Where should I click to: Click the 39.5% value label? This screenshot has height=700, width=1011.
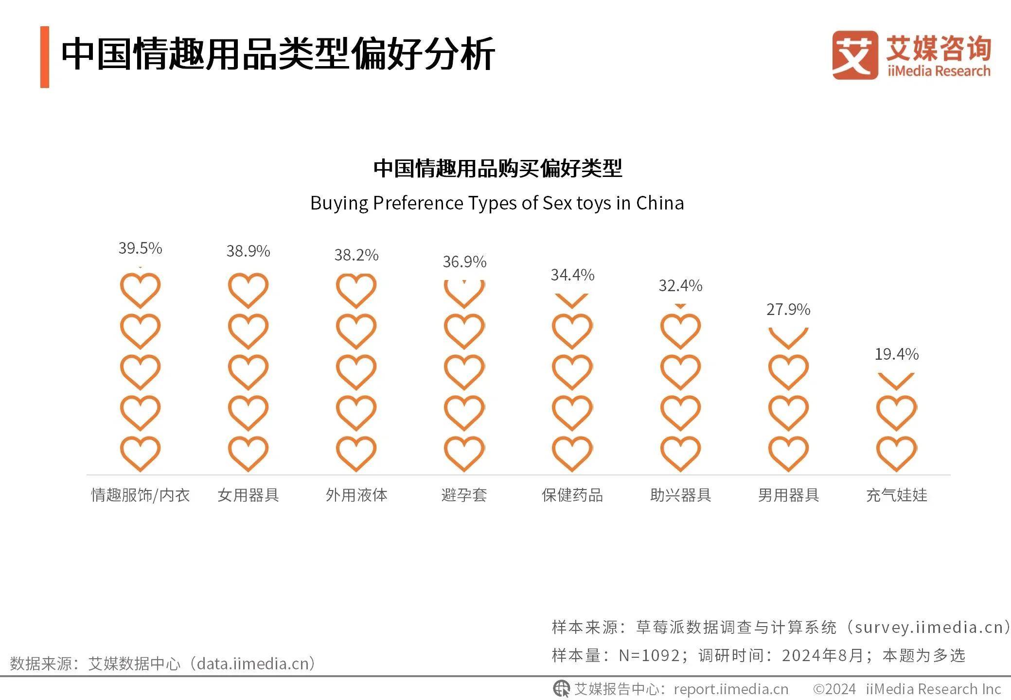[x=140, y=248]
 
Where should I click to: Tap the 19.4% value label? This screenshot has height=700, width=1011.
[x=896, y=354]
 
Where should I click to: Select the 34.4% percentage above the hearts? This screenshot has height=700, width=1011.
[x=572, y=275]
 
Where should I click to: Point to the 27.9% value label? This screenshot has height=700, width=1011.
[x=788, y=309]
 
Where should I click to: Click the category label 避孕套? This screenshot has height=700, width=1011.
[x=464, y=495]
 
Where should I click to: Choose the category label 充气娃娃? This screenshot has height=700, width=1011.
[x=896, y=495]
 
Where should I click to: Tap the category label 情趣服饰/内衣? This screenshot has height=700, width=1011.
[x=140, y=495]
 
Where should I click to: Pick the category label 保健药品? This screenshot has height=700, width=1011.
[x=572, y=495]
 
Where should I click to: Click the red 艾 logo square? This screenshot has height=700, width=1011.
[x=855, y=55]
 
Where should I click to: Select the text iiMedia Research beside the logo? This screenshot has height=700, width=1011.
[x=939, y=71]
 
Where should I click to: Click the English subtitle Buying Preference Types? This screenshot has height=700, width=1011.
[x=497, y=203]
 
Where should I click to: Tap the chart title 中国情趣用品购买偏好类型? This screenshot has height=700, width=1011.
[x=497, y=168]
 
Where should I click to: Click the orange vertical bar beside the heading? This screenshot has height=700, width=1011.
[x=45, y=57]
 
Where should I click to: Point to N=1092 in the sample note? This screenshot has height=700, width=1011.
[x=649, y=655]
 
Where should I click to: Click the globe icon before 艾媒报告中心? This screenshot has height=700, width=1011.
[x=561, y=688]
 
